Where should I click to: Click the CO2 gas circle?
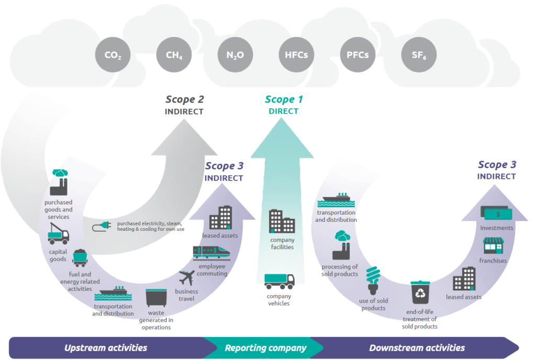(x=113, y=54)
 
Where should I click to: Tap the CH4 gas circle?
(x=174, y=54)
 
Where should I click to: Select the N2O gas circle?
(x=236, y=54)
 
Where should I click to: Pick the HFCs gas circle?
(x=297, y=54)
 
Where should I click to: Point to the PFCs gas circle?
(x=358, y=54)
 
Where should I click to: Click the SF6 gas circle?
(x=419, y=54)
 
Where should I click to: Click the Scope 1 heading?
(x=284, y=99)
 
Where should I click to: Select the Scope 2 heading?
(x=184, y=99)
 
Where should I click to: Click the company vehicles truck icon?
(x=279, y=281)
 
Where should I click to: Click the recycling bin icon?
(x=420, y=293)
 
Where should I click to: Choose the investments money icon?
(x=496, y=213)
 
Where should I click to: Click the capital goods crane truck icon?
(x=58, y=233)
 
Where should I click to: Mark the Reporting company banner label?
(x=266, y=347)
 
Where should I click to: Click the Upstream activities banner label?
(x=106, y=347)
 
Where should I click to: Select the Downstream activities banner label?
(x=417, y=347)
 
